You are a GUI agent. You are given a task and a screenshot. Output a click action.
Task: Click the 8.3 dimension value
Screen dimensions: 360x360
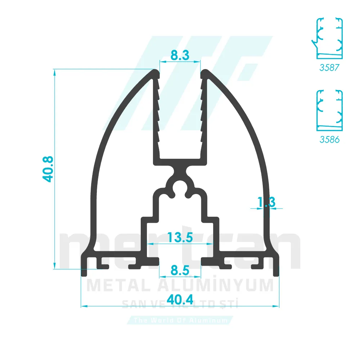(x=180, y=55)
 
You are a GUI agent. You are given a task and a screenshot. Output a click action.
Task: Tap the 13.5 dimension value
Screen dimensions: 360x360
(x=180, y=238)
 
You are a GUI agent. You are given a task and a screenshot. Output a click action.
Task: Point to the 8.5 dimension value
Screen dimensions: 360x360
(x=180, y=270)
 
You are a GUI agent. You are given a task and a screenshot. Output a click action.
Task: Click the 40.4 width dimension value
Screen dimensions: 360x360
(x=180, y=299)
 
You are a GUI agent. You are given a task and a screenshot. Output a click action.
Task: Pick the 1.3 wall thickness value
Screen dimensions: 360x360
(x=266, y=202)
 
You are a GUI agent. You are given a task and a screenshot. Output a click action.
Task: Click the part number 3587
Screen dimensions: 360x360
(x=329, y=67)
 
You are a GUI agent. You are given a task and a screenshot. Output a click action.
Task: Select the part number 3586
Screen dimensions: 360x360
(x=329, y=139)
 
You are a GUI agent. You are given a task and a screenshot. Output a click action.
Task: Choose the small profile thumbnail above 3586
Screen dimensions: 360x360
(x=329, y=110)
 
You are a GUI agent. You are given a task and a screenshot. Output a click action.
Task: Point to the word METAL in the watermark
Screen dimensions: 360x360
(x=119, y=285)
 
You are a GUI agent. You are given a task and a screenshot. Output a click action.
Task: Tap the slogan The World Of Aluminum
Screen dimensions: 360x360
(x=180, y=320)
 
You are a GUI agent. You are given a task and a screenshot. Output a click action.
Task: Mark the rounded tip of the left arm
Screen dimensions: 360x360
(x=155, y=73)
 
